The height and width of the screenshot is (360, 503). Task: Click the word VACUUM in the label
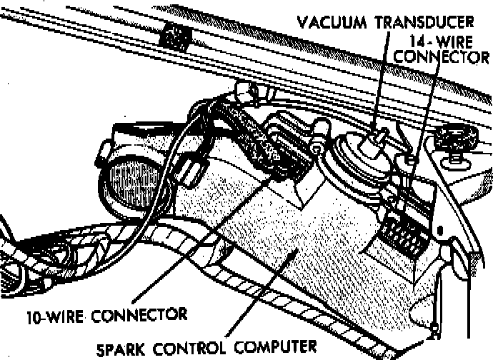point(333,20)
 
